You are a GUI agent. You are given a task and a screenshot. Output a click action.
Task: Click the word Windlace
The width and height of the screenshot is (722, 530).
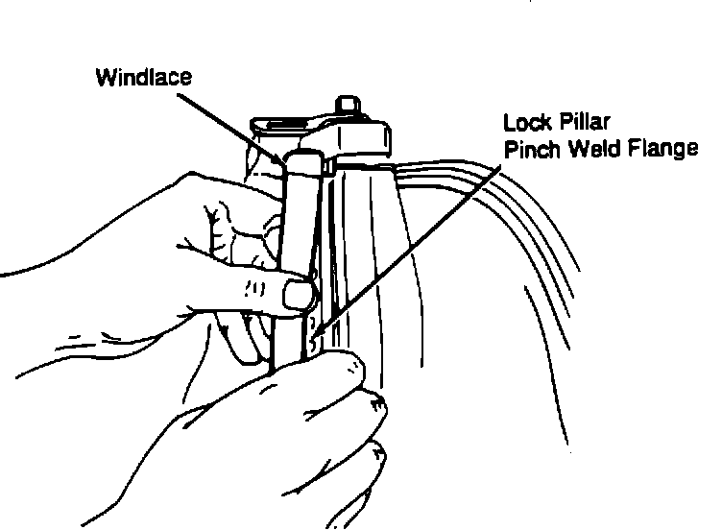[143, 77]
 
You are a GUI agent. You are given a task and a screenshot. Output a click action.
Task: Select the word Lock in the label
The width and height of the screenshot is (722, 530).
[522, 123]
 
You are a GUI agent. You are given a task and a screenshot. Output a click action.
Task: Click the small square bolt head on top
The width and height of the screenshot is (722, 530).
[348, 104]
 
